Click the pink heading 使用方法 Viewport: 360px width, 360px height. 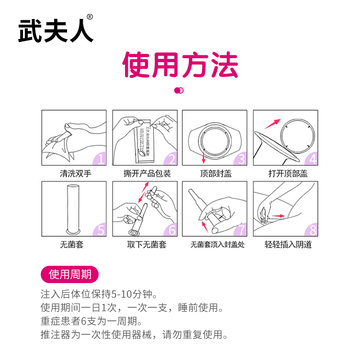tap(180, 65)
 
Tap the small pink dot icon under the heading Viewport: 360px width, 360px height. tap(179, 90)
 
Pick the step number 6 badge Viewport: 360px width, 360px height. tap(171, 230)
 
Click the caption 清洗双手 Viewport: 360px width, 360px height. tap(76, 173)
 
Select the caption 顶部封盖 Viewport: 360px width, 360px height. tap(216, 173)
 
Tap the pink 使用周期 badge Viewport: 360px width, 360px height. tap(69, 274)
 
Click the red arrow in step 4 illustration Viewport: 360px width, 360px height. tap(271, 123)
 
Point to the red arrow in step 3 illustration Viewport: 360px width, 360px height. tap(204, 157)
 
